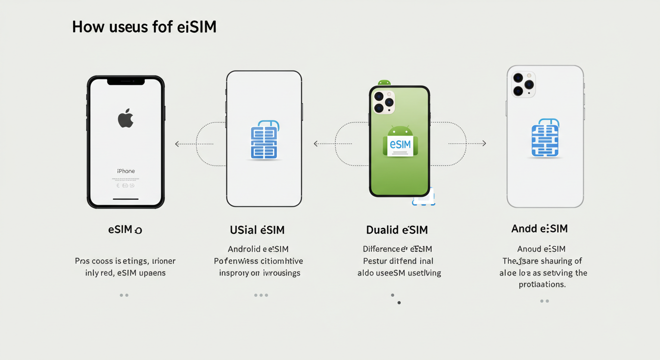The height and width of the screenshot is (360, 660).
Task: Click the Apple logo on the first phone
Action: tap(126, 118)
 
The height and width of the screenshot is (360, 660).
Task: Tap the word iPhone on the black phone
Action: tap(126, 171)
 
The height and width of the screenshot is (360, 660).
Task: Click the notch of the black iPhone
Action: tap(126, 82)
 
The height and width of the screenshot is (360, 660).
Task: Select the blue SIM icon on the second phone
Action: tap(264, 140)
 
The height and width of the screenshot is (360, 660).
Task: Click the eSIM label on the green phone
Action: tap(400, 144)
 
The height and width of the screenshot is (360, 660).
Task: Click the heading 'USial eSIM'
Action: tap(257, 230)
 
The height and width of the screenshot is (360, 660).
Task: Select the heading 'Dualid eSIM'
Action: tap(397, 230)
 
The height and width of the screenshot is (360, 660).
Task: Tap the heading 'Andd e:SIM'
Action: tap(539, 229)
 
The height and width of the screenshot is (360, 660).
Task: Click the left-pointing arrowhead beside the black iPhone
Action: tap(177, 144)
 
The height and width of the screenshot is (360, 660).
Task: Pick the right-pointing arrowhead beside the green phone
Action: tap(484, 143)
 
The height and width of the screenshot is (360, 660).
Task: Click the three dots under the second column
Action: tap(261, 295)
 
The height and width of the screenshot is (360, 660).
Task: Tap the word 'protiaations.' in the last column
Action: tap(542, 285)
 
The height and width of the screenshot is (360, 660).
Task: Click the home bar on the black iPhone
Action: tap(126, 199)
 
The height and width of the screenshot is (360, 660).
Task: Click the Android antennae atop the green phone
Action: tap(384, 82)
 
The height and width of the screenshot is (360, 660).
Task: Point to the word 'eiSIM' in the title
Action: tap(197, 27)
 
